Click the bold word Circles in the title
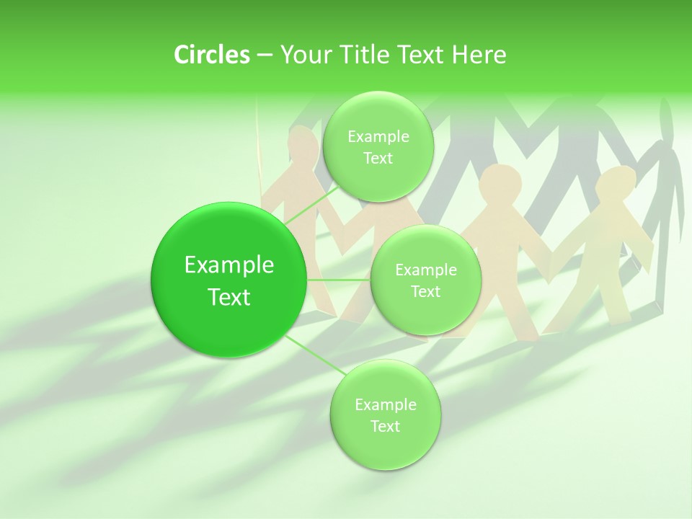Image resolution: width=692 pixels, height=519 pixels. click(x=212, y=55)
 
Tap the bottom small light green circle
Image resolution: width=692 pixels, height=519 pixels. click(x=385, y=447)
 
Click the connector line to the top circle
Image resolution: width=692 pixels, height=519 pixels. click(x=311, y=203)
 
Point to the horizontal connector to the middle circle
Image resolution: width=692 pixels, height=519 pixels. click(x=339, y=280)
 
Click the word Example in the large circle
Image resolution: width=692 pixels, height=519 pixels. click(x=229, y=265)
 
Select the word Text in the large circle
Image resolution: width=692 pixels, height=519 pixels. click(x=229, y=297)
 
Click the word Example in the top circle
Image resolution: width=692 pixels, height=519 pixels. click(x=378, y=137)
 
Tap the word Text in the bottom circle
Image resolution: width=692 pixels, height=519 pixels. click(x=385, y=426)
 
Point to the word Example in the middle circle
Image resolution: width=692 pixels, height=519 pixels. click(x=425, y=270)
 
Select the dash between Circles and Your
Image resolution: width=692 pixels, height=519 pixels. click(x=264, y=56)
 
